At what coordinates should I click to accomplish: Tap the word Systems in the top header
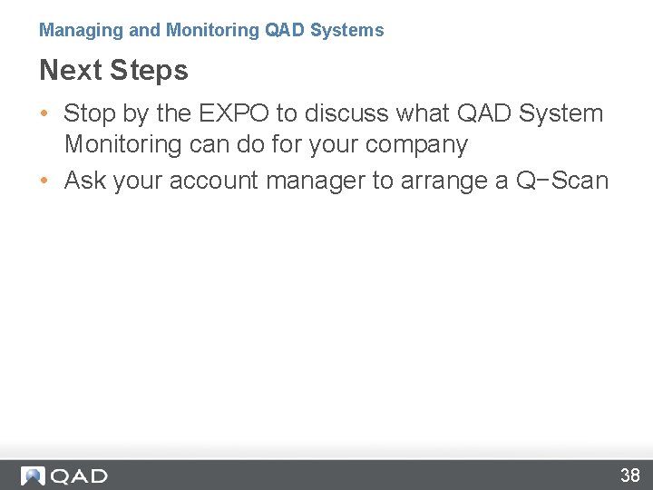(x=347, y=30)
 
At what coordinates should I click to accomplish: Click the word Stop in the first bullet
(x=89, y=113)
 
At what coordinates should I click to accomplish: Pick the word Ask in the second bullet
(x=85, y=181)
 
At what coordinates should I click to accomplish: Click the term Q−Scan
(x=562, y=181)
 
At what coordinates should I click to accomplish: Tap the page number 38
(x=629, y=475)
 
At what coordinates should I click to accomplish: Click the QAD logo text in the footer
(x=79, y=475)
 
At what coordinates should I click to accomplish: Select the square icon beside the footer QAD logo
(x=34, y=475)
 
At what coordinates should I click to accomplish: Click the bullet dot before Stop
(x=44, y=114)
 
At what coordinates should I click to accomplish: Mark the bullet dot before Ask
(x=44, y=181)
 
